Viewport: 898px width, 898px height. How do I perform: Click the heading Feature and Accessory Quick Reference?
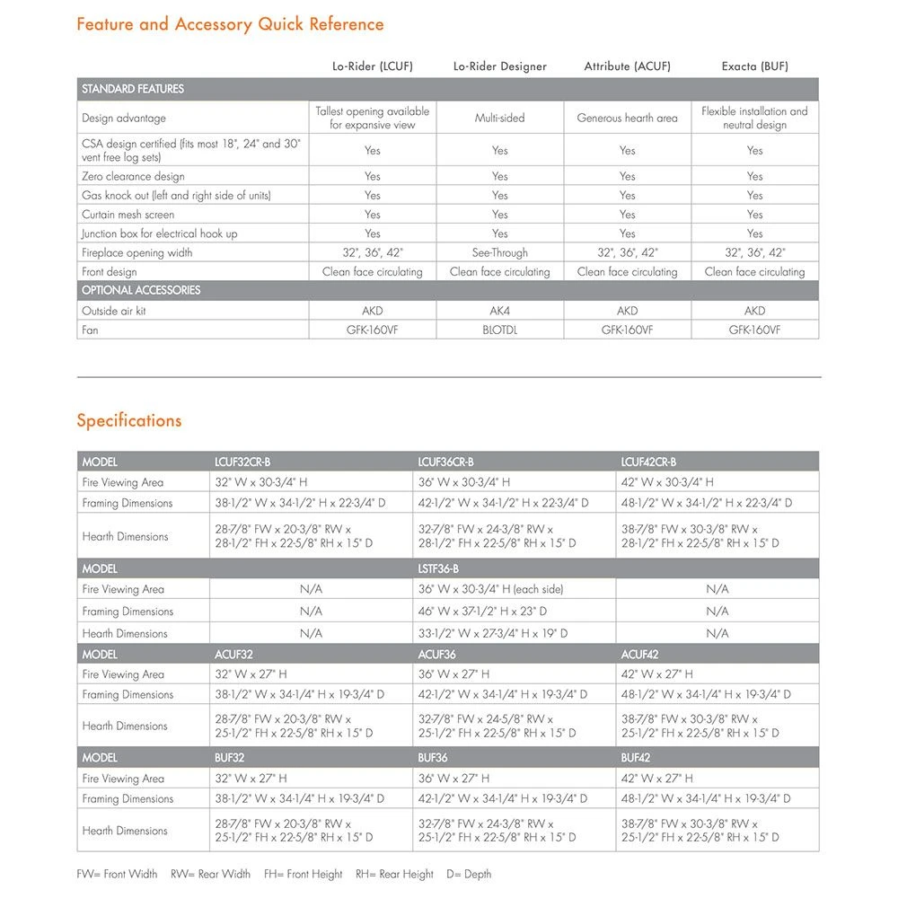(230, 24)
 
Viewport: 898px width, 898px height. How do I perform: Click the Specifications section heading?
(129, 420)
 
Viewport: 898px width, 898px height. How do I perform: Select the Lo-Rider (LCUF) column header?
(372, 66)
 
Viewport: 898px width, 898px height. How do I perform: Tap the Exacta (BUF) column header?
(754, 66)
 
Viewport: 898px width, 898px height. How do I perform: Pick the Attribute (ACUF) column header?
(627, 66)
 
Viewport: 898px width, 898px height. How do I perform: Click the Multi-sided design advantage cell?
(499, 118)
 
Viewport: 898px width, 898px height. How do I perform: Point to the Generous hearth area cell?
(627, 118)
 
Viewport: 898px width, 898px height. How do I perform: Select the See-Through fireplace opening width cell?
(499, 252)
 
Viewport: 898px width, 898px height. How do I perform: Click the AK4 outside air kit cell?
(499, 311)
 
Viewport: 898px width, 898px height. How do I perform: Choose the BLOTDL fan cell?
(499, 330)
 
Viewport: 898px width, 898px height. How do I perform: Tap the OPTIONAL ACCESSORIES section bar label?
(141, 290)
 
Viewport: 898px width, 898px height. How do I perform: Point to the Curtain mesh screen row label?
(128, 215)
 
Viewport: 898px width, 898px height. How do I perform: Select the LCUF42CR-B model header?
(648, 462)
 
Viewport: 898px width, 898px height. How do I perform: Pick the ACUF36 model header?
(437, 655)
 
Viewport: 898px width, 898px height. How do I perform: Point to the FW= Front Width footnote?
(117, 874)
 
